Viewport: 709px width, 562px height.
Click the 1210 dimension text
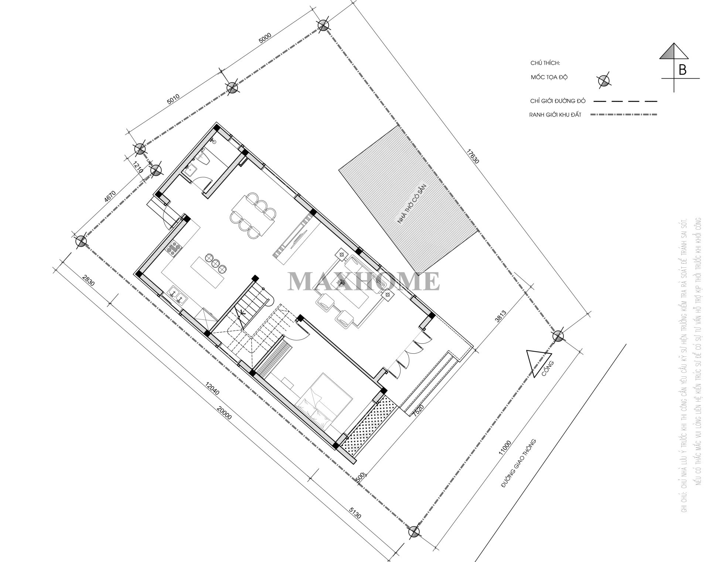(137, 168)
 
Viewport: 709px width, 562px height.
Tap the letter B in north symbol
(682, 70)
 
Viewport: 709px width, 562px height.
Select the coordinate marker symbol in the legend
(604, 80)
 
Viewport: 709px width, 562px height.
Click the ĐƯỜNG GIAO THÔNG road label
(518, 464)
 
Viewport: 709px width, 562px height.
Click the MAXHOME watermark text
(364, 281)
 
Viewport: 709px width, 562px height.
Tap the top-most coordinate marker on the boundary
(323, 25)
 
